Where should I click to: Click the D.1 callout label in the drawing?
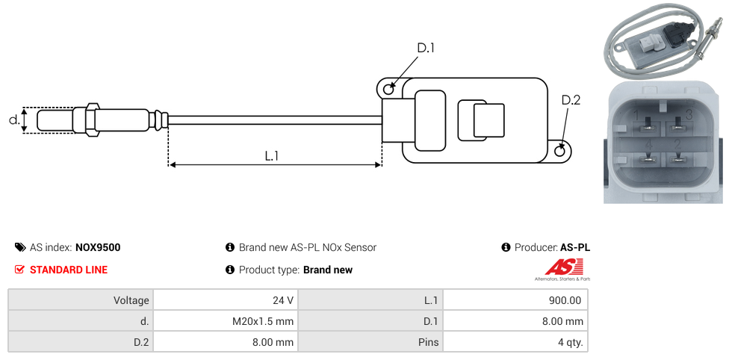pos(425,49)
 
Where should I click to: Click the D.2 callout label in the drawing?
pos(571,100)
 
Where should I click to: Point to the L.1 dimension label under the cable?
pos(272,156)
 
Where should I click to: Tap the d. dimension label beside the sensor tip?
pos(14,120)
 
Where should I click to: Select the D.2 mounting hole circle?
pos(560,150)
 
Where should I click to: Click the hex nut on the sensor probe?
pos(91,120)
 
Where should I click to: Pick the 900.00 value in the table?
pos(565,300)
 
